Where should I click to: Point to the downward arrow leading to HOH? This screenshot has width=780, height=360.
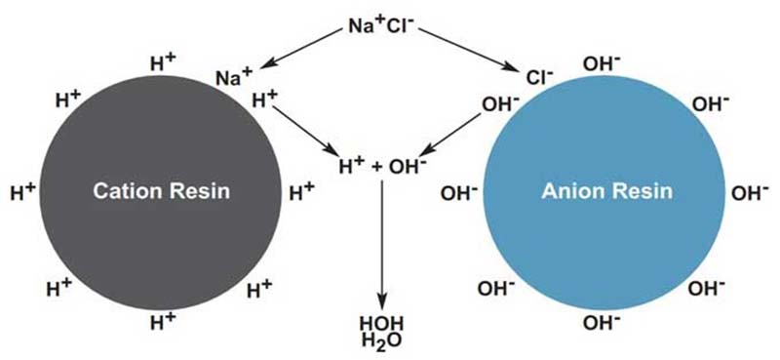click(381, 244)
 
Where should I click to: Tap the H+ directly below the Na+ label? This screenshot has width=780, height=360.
click(263, 100)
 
